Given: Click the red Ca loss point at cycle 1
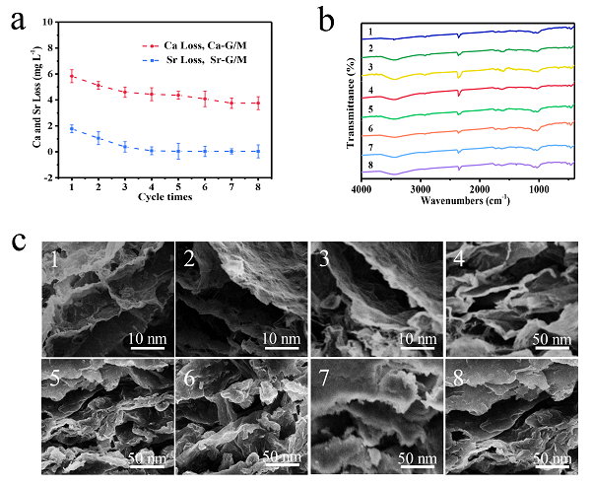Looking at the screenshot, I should [x=72, y=76].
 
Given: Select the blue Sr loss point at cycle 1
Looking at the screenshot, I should [x=72, y=128].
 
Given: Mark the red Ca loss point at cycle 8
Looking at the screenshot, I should [x=258, y=103].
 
